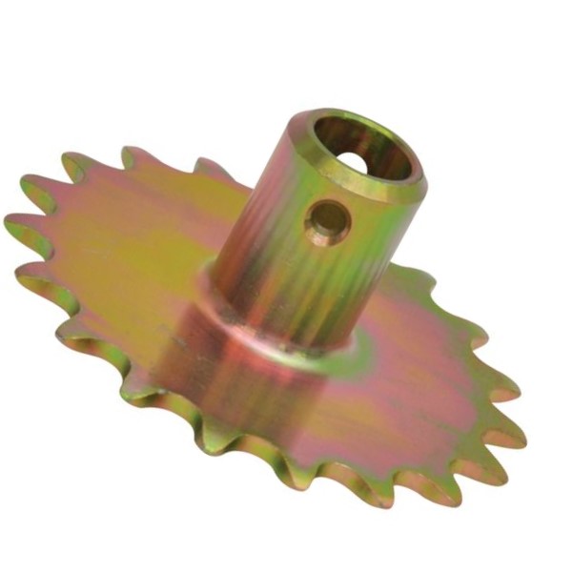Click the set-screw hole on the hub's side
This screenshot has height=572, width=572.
point(327,221)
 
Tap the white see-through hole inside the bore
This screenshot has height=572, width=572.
point(356,161)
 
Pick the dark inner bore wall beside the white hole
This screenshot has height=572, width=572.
point(381,153)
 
